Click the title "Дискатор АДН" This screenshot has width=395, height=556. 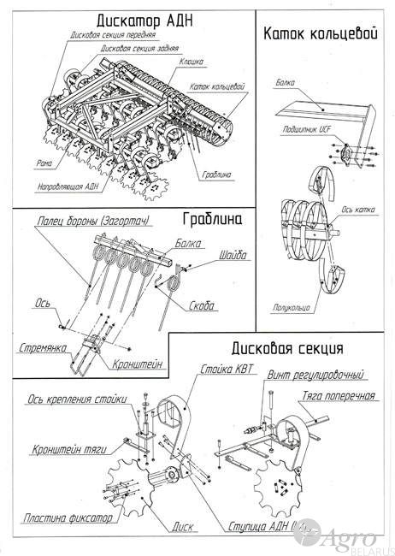point(134,21)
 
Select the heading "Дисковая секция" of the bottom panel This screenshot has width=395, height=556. point(286,349)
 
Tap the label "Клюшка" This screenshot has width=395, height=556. point(191,62)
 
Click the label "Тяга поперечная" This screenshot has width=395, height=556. point(339,395)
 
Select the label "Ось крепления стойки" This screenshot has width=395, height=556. point(78,399)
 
